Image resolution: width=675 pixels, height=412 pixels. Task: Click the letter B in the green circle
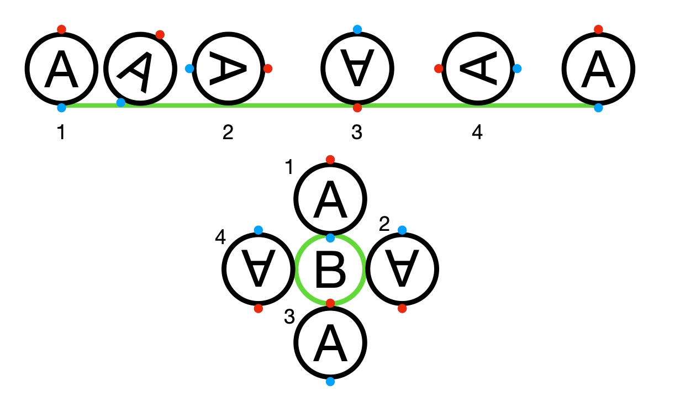(330, 270)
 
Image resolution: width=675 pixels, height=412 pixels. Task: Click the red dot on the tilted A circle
(160, 35)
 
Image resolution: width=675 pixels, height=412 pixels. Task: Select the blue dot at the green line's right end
(598, 108)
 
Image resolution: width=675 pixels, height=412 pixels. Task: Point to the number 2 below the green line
(228, 133)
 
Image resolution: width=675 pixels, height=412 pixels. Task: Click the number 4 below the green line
(477, 133)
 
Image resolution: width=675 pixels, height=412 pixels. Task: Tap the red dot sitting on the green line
(357, 108)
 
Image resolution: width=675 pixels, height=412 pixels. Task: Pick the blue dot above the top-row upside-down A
(357, 29)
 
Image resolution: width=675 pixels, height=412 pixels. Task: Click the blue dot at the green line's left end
(61, 108)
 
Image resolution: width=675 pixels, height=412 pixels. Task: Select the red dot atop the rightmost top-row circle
(598, 29)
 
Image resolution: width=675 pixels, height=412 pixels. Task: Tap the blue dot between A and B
(330, 238)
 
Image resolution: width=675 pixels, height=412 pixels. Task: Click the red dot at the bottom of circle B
(330, 303)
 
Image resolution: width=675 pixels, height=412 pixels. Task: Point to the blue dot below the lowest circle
(330, 382)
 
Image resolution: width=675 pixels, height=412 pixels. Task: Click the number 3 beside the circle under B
(289, 318)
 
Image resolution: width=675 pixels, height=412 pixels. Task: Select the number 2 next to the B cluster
(384, 224)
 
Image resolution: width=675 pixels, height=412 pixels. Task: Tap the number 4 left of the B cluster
(220, 237)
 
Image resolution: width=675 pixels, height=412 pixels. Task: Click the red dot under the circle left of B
(258, 308)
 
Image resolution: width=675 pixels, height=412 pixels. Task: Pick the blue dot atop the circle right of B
(402, 230)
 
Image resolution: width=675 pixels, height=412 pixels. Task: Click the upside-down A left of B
(258, 269)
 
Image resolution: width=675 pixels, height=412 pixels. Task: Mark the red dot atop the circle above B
(330, 160)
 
